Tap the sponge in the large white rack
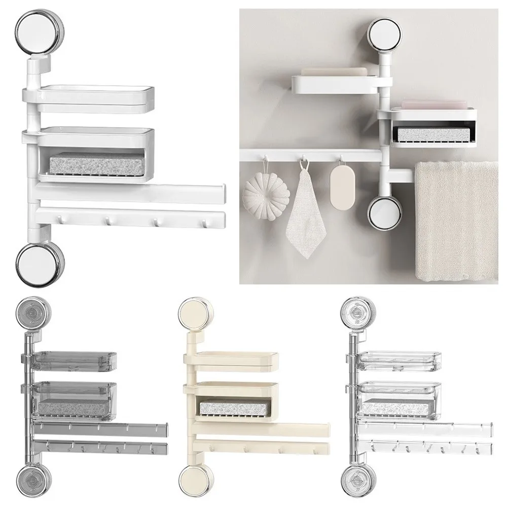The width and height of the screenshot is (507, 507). point(97,163)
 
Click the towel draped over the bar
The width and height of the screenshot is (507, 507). point(456,221)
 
